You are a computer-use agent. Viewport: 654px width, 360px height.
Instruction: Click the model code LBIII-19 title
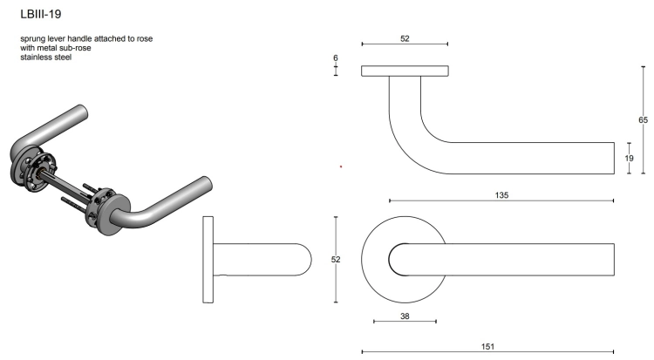coord(41,14)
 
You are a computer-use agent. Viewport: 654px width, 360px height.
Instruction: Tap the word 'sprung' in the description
coord(32,39)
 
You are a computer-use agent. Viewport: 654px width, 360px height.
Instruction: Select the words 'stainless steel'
coord(46,58)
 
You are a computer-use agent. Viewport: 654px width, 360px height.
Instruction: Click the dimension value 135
coord(501,194)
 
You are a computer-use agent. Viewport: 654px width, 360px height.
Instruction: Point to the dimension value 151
coord(487,346)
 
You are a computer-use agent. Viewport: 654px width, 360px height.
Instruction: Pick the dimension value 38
coord(405,316)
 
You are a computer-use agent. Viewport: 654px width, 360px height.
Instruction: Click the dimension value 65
coord(643,119)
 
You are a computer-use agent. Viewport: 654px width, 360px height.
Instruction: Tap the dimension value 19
coord(629,158)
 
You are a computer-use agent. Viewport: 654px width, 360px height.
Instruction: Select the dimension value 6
coord(336,58)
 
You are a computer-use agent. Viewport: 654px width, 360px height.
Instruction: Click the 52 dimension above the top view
coord(405,38)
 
